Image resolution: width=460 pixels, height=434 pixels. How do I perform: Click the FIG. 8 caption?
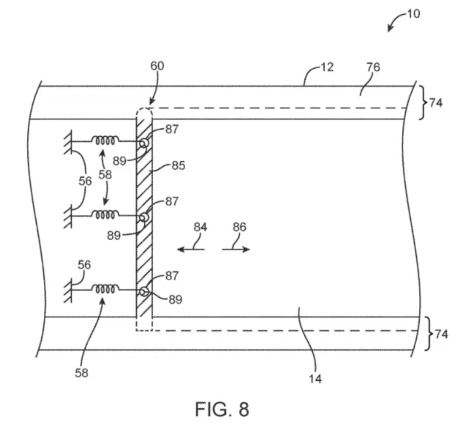pos(222,409)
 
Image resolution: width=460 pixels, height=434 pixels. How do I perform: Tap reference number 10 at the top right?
pos(413,14)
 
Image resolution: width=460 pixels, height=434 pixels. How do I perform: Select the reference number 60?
pos(157,66)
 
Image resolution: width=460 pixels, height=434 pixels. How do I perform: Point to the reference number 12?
pos(327,67)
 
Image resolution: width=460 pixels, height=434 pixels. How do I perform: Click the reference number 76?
pos(373,67)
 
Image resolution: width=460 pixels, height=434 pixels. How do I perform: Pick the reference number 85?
pos(179,166)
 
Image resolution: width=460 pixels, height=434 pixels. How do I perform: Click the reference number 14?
pos(315,379)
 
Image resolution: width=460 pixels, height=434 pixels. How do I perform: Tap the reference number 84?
pos(200,227)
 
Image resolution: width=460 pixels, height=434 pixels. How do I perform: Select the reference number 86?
pos(239,227)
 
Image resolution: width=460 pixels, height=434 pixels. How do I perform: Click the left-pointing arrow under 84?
pos(191,249)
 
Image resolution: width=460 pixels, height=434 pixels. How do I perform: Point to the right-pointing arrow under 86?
pos(236,249)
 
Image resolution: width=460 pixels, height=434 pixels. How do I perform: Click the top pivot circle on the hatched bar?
pos(144,143)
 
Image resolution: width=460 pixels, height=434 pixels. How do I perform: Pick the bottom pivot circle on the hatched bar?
pos(144,292)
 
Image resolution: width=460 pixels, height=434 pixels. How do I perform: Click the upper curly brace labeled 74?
pos(423,103)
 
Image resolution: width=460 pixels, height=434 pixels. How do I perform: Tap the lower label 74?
pos(442,334)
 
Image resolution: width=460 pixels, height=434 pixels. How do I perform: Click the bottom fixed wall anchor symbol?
pos(68,290)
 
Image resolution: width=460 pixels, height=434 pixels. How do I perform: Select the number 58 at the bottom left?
pos(82,373)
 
